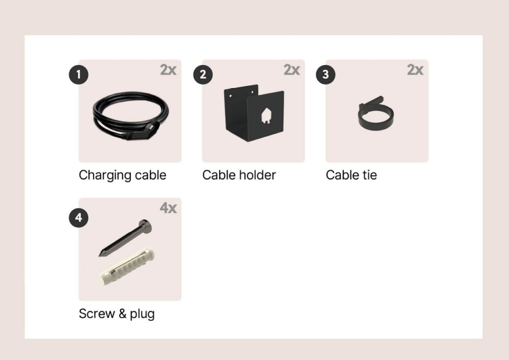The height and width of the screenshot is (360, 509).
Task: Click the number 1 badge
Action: (79, 75)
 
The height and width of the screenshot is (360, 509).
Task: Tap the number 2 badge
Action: (203, 75)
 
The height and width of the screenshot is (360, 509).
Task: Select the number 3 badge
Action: (325, 75)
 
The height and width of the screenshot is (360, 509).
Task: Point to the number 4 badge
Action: (79, 218)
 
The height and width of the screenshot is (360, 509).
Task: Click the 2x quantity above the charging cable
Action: (168, 70)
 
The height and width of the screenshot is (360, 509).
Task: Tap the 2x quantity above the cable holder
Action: (292, 70)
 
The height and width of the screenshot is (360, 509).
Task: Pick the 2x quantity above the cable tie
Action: (415, 70)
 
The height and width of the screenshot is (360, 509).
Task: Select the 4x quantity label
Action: (168, 208)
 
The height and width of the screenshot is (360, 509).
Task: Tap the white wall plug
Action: (127, 267)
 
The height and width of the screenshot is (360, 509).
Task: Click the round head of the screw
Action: (145, 225)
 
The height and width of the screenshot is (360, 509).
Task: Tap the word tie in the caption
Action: (370, 175)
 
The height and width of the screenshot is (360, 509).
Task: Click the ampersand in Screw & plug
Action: (122, 314)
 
